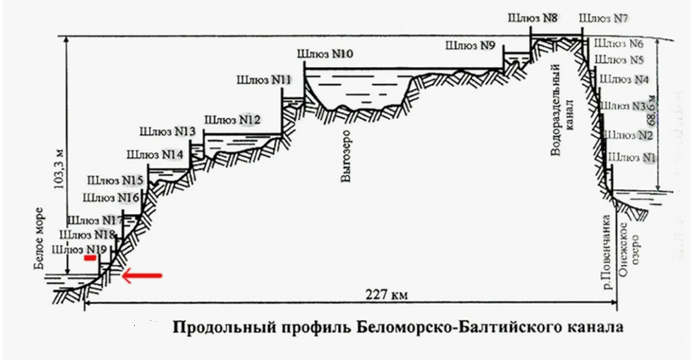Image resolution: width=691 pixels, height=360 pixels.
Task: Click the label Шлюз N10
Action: (325, 54)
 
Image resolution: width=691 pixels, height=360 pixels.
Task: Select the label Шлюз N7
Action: (604, 18)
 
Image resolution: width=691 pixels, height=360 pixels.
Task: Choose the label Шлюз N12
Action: (232, 119)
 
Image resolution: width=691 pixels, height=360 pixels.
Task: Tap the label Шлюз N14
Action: (154, 155)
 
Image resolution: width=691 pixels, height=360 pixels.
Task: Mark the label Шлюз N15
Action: (114, 181)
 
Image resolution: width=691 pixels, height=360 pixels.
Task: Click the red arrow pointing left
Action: (141, 274)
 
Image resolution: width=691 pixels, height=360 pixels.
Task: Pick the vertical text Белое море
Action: (39, 237)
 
